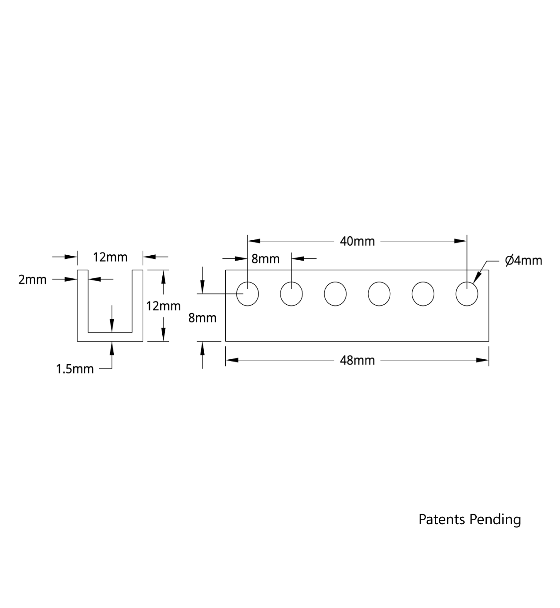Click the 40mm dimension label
357,241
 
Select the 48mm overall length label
357,360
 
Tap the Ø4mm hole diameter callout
523,261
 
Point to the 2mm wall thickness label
32,280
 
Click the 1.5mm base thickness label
75,369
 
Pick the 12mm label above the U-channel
110,257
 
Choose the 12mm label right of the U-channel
163,306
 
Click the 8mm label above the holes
265,259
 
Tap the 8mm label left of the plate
202,318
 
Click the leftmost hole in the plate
247,294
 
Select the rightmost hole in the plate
467,294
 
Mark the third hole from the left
335,294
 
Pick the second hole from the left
291,294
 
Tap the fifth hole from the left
423,294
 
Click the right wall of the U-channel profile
138,304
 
